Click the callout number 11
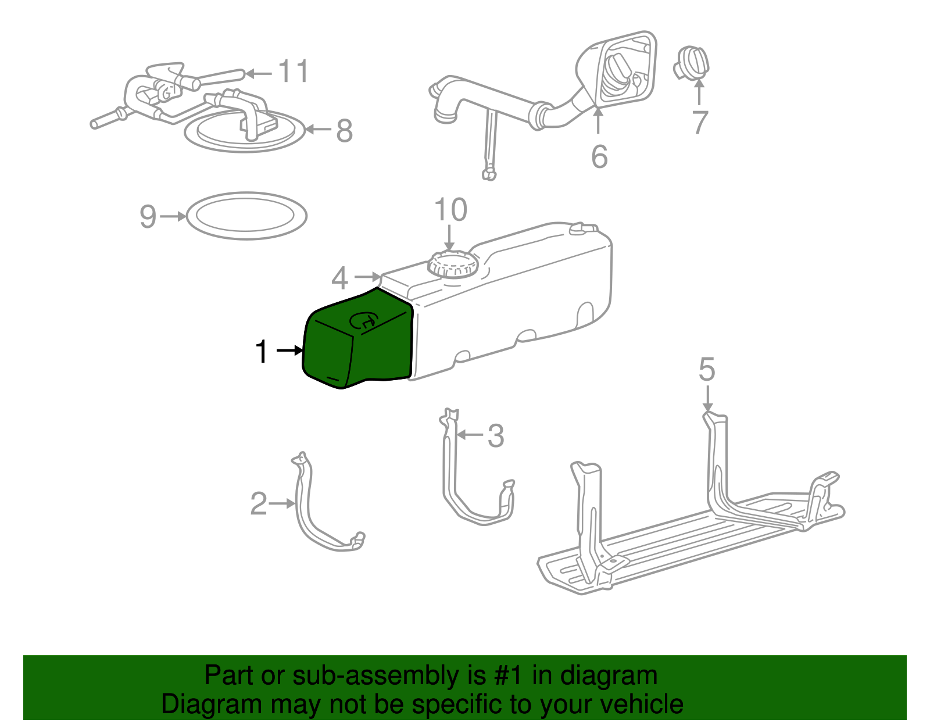294,71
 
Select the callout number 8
344,131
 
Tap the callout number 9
148,216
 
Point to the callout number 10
450,210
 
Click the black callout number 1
262,352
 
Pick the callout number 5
707,370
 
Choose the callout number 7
700,123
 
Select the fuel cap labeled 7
692,63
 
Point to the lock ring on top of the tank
452,264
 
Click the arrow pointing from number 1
289,351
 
